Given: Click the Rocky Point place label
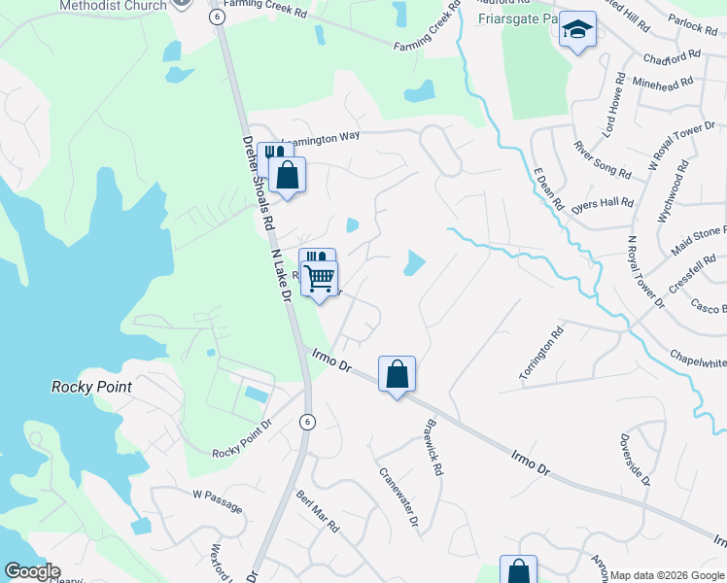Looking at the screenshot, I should pos(90,386).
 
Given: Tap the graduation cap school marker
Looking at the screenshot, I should pos(577,33).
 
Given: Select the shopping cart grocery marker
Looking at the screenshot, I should pos(319,279).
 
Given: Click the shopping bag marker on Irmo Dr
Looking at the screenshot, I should pos(397,374).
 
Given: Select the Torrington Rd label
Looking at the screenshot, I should pos(541,354).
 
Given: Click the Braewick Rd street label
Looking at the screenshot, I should pos(433,447).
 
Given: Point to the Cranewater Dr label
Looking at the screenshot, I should pos(398,497).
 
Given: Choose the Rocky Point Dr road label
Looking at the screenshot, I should pos(244,439).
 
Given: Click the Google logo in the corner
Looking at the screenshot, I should pos(32,571).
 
